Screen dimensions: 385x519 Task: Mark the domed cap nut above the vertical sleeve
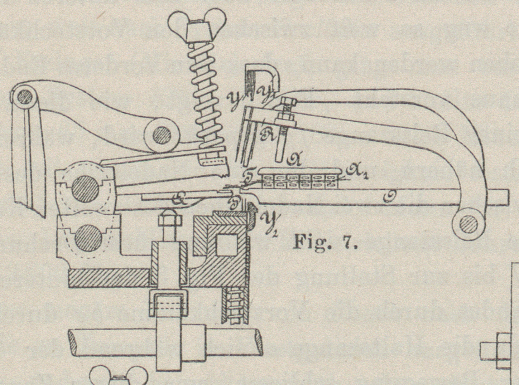tap(168, 219)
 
